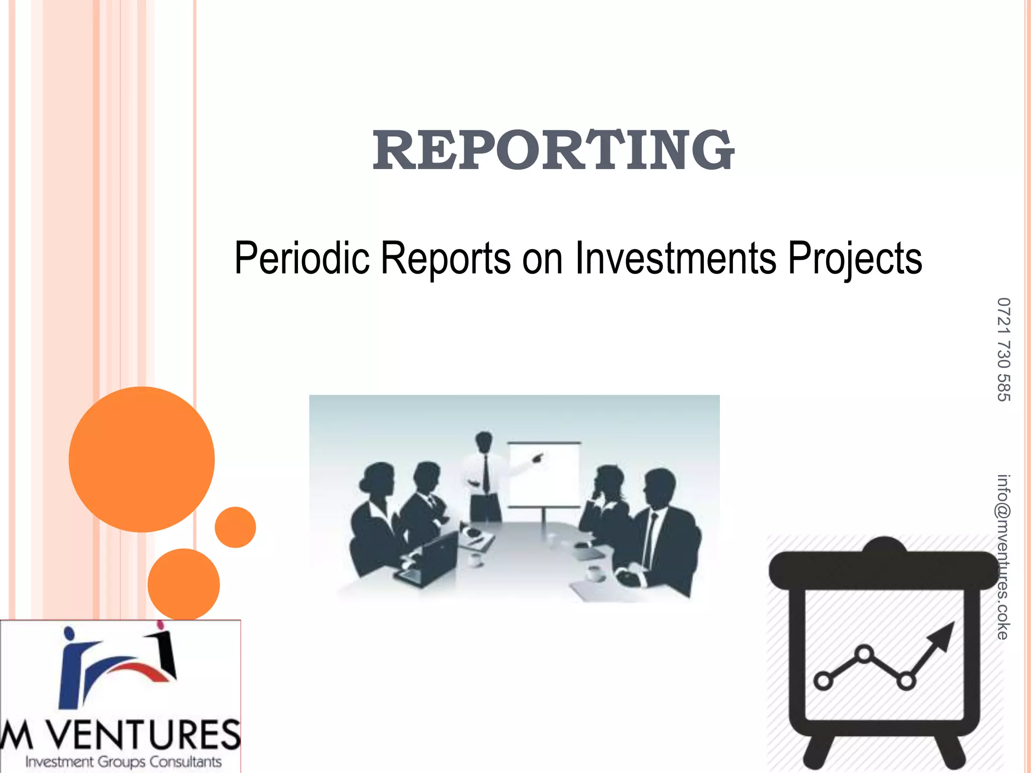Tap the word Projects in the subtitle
click(x=855, y=259)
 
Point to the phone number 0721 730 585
click(x=1003, y=350)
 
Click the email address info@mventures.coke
click(x=1003, y=557)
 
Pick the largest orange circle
click(x=141, y=459)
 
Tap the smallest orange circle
click(x=235, y=527)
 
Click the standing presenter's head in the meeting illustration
click(x=484, y=442)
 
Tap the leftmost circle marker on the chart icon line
click(x=823, y=681)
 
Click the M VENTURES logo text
click(x=121, y=735)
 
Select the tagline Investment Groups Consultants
click(x=123, y=762)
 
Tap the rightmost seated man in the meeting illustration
click(x=665, y=533)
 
